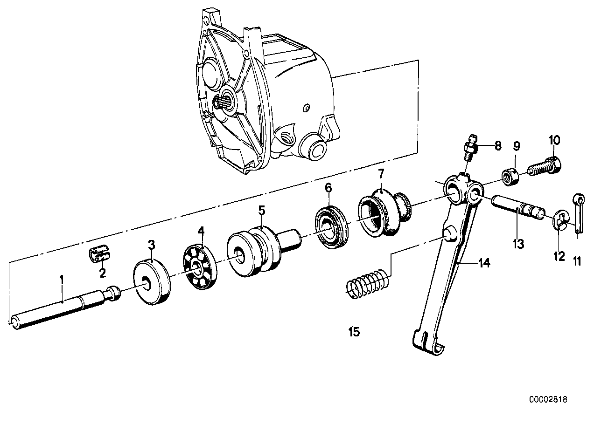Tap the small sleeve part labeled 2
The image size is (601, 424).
98,255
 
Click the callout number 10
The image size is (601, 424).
554,140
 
